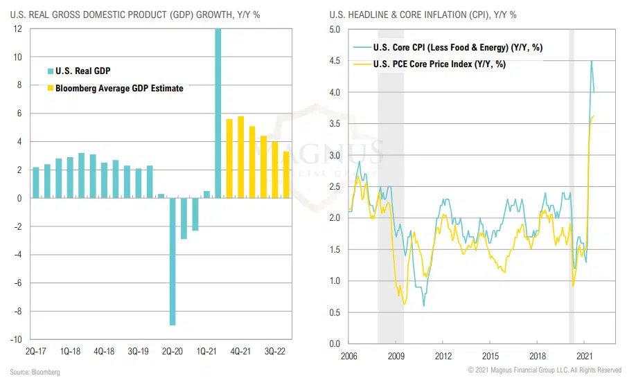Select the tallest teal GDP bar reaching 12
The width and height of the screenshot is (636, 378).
point(218,114)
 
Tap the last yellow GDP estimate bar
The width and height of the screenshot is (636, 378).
point(287,174)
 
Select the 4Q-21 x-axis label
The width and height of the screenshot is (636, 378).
point(240,352)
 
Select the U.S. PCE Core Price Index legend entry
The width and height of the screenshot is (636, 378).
point(439,64)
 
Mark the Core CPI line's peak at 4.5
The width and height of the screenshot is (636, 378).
point(591,61)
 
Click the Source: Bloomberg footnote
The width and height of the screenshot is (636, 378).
point(35,372)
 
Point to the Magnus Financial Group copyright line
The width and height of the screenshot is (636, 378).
point(545,370)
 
